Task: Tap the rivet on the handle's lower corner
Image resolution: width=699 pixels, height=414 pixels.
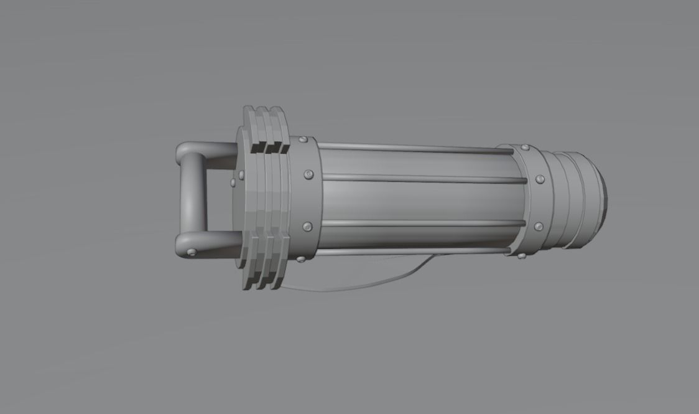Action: (x=192, y=252)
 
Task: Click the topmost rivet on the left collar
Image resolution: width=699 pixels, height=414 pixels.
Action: (x=303, y=140)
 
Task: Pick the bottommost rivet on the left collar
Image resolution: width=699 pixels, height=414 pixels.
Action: (x=301, y=258)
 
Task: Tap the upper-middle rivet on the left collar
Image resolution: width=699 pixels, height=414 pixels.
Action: (x=308, y=175)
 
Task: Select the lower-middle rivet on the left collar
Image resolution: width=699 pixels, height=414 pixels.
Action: (x=307, y=227)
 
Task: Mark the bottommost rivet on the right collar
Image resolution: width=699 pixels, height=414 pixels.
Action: (x=522, y=255)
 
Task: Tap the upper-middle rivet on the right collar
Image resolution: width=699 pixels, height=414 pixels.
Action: (x=540, y=179)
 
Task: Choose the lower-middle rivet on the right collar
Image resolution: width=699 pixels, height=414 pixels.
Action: (x=539, y=226)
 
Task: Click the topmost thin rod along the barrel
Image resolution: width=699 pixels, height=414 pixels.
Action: (x=410, y=148)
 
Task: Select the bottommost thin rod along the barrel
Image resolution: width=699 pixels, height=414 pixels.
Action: (x=410, y=252)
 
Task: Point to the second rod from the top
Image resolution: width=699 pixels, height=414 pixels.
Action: (x=423, y=179)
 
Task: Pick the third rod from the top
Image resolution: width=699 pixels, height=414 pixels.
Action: (x=423, y=223)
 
